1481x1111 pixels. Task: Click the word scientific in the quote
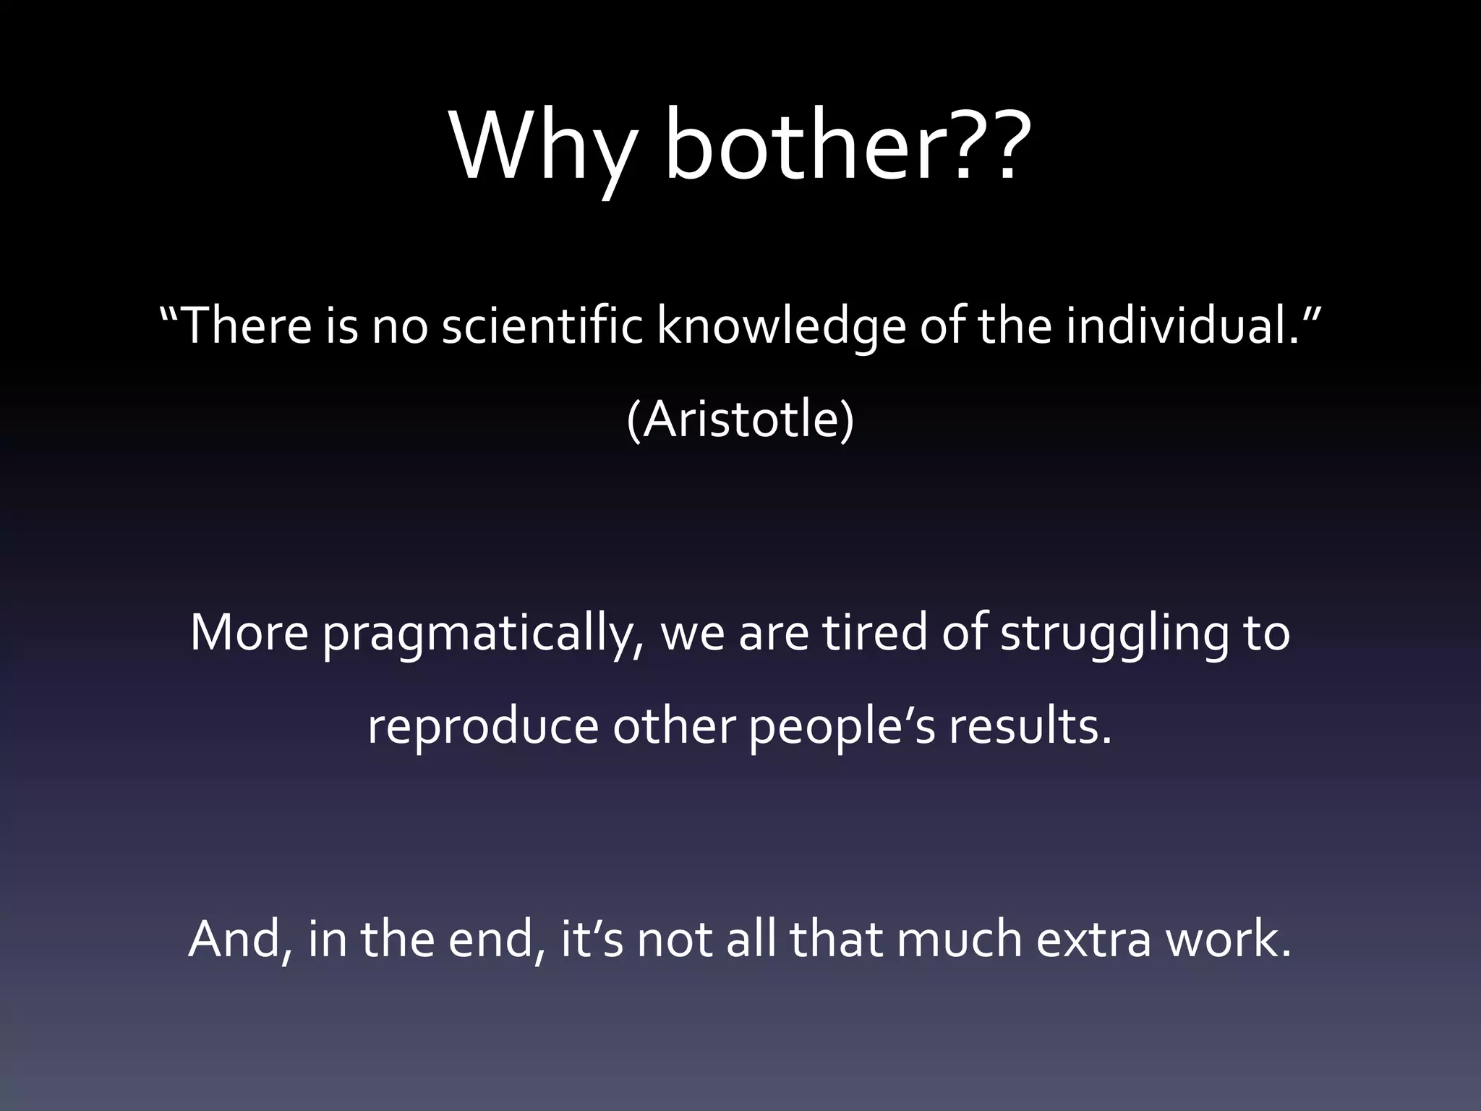[541, 325]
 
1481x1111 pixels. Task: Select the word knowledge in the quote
[780, 325]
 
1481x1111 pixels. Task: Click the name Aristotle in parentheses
[740, 420]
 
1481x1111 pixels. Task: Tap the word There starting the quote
[246, 325]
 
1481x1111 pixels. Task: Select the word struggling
[1114, 634]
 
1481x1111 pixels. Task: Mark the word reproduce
[482, 727]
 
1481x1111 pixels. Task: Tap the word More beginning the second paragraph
[249, 632]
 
